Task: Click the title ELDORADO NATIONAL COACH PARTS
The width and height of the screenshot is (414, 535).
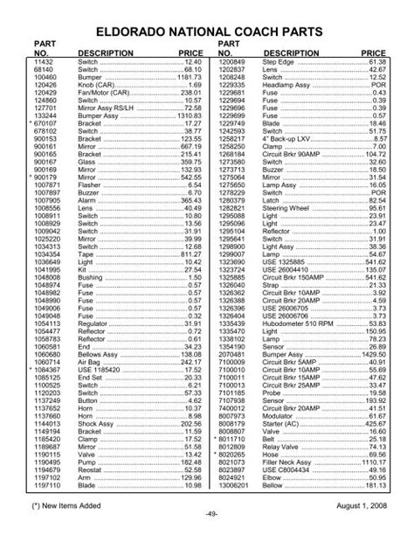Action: pyautogui.click(x=206, y=31)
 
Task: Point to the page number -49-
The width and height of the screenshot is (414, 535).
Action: pyautogui.click(x=206, y=523)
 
